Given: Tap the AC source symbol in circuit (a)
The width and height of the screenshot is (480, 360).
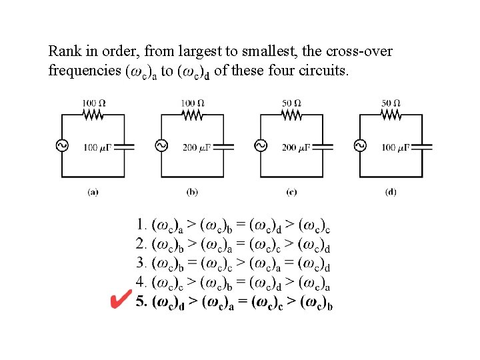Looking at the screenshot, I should click(x=62, y=146).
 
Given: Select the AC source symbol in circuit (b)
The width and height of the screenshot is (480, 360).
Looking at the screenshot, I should click(x=161, y=146).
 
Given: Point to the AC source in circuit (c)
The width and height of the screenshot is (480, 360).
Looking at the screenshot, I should click(x=260, y=146).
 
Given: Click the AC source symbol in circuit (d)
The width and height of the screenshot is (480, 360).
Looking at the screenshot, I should click(x=359, y=146).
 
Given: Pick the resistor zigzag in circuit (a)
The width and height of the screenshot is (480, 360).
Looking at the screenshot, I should click(x=93, y=115).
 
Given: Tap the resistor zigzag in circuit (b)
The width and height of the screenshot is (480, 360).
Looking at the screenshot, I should click(x=193, y=115).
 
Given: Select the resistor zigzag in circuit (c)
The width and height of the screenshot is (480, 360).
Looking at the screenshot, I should click(x=291, y=115).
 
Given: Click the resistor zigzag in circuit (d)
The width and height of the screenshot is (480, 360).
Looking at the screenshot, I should click(x=391, y=115).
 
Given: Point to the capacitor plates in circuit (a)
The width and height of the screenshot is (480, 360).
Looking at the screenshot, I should click(x=125, y=147).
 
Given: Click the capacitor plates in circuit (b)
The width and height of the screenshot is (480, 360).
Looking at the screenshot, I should click(x=224, y=147).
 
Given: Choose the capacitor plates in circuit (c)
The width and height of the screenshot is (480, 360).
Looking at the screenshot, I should click(x=323, y=147).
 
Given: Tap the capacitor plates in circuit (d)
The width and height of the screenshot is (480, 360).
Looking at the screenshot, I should click(x=422, y=147).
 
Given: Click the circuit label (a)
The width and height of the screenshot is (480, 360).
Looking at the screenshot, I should click(x=93, y=192).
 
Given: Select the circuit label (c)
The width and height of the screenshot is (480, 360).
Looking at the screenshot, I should click(x=291, y=192).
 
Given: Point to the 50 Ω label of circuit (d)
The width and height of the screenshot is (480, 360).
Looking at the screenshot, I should click(x=391, y=103).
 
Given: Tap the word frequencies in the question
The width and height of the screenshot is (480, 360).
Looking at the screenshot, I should click(x=85, y=71).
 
